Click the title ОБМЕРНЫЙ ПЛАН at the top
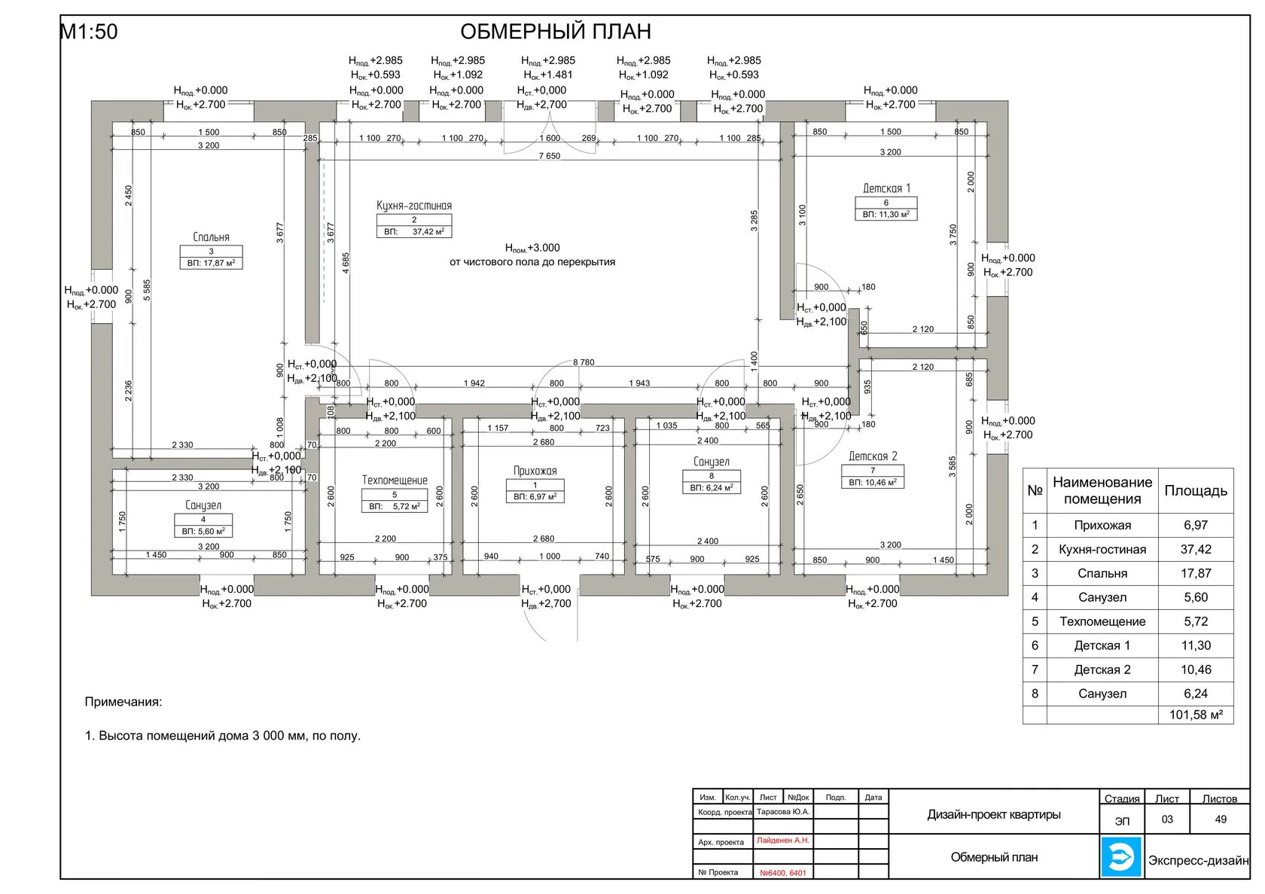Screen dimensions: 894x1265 [x=555, y=32]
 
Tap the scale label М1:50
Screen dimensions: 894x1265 [x=89, y=32]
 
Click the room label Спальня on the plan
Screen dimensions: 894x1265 [x=211, y=237]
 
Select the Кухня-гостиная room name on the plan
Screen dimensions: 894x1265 [x=414, y=206]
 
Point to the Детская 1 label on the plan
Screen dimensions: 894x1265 [x=886, y=188]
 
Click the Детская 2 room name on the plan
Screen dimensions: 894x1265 [x=873, y=456]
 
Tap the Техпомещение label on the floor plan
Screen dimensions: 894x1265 [x=395, y=481]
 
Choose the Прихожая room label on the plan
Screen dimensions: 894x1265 [x=535, y=471]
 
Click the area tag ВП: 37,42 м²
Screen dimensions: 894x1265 [x=414, y=232]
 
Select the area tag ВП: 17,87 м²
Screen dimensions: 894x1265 [x=211, y=264]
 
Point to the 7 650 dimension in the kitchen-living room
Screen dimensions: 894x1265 [x=549, y=156]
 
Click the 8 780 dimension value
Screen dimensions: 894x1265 [x=584, y=362]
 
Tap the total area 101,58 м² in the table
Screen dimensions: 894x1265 [x=1196, y=715]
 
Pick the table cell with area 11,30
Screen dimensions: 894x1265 [x=1196, y=645]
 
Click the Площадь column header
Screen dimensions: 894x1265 [x=1196, y=491]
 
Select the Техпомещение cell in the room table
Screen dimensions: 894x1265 [x=1102, y=621]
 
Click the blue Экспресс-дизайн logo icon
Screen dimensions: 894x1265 [x=1122, y=857]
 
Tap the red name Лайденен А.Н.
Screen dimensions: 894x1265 [x=783, y=840]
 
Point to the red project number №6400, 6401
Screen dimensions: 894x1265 [x=783, y=873]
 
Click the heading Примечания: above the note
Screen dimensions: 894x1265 [x=123, y=702]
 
